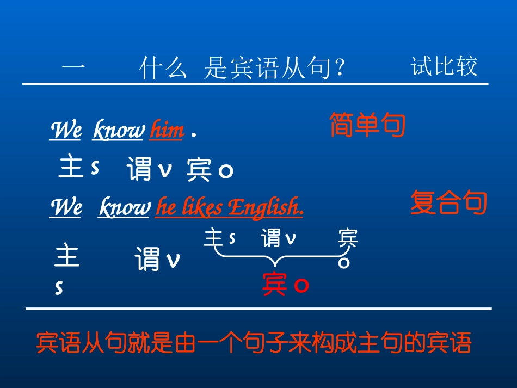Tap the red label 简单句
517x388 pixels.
pos(368,126)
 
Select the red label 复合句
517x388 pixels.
pos(448,203)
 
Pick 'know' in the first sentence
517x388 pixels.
pos(119,131)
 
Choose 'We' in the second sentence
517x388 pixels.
pos(65,208)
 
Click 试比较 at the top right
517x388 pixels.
pos(444,67)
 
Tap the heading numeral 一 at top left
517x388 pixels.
pos(73,69)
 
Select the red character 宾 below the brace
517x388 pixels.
pos(275,284)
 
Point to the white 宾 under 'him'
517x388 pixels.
pos(199,170)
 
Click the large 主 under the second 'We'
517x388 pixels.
pos(67,256)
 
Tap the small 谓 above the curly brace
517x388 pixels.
pos(271,238)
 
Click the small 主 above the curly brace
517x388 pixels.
pos(213,238)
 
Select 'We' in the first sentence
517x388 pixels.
pos(65,131)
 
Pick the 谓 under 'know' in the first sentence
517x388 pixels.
pos(140,170)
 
